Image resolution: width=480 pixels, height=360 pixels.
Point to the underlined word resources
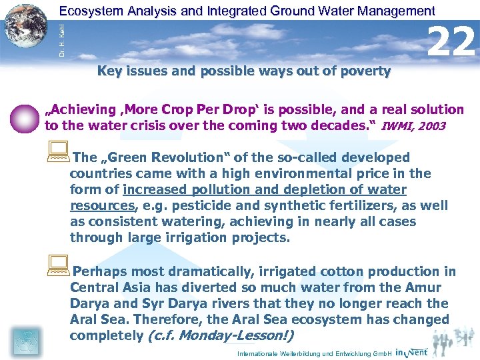pos(101,206)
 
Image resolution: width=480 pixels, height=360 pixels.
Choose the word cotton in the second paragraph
pos(324,272)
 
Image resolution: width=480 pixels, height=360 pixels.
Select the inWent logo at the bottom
pos(411,351)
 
